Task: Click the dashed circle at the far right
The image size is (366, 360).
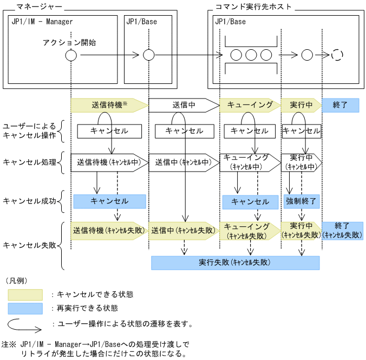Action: tap(337, 55)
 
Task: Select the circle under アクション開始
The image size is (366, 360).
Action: tap(71, 55)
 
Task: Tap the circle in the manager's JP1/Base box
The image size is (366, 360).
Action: tap(149, 55)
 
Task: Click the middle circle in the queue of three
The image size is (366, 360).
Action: tap(251, 55)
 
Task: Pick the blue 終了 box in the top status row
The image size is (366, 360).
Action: tap(341, 105)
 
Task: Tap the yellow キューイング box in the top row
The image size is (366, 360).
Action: tap(250, 105)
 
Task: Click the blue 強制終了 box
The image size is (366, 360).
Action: tap(301, 201)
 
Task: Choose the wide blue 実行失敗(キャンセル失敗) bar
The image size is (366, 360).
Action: tap(235, 263)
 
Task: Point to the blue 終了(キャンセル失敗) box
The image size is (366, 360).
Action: tap(342, 230)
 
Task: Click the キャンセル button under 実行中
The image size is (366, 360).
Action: tap(301, 131)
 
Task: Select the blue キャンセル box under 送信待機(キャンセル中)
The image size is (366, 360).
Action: tap(109, 201)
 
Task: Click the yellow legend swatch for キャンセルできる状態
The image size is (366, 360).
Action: tap(25, 294)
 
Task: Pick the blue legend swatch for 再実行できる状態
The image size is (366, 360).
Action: tap(25, 309)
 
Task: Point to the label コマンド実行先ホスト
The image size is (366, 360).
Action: tap(244, 7)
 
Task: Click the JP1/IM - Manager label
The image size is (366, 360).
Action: tap(42, 22)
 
